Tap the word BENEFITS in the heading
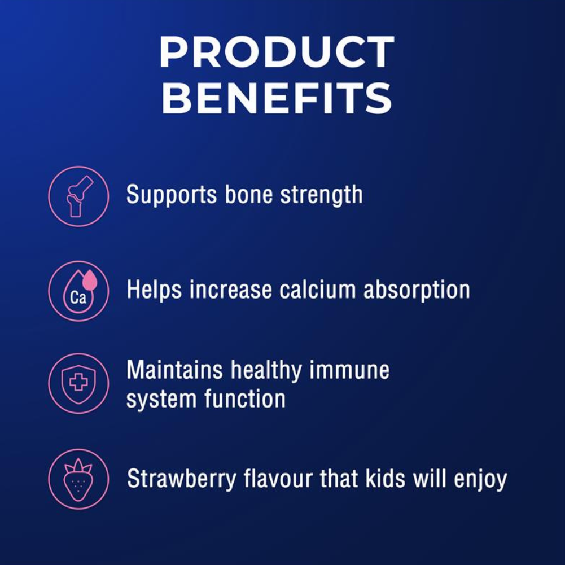(277, 98)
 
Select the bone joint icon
(78, 196)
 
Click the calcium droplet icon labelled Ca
(78, 291)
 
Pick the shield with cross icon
(78, 383)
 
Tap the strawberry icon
(78, 479)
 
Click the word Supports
(172, 195)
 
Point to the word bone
(248, 195)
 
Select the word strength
(321, 195)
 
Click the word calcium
(317, 290)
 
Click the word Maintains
(175, 370)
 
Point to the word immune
(349, 370)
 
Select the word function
(245, 398)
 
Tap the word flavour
(278, 479)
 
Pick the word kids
(385, 479)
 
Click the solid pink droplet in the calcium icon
(90, 280)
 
